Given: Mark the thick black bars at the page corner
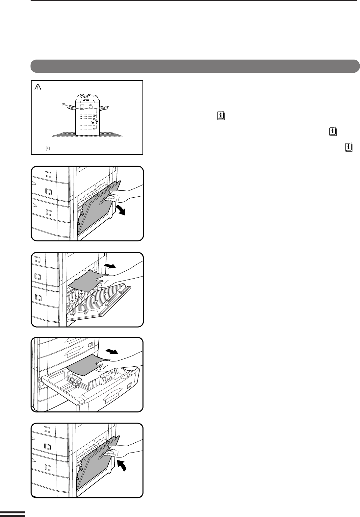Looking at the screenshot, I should (12, 513).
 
